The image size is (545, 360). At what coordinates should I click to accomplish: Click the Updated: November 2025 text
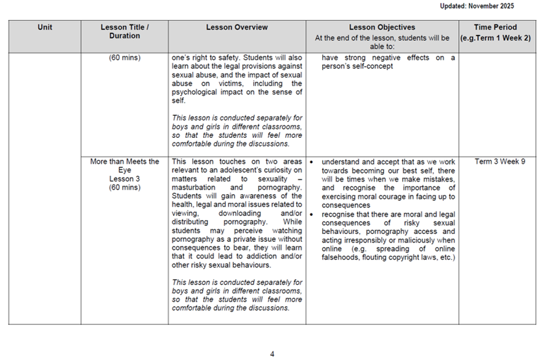477,6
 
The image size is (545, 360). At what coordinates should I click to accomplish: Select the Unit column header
45,27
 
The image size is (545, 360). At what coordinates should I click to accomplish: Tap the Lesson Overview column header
236,27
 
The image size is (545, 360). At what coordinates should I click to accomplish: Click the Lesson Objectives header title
382,27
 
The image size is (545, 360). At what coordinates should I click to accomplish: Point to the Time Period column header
496,27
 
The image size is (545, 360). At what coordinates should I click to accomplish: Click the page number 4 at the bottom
272,354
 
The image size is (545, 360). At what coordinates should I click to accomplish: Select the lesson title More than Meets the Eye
124,166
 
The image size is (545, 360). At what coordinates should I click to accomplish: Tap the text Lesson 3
124,179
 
